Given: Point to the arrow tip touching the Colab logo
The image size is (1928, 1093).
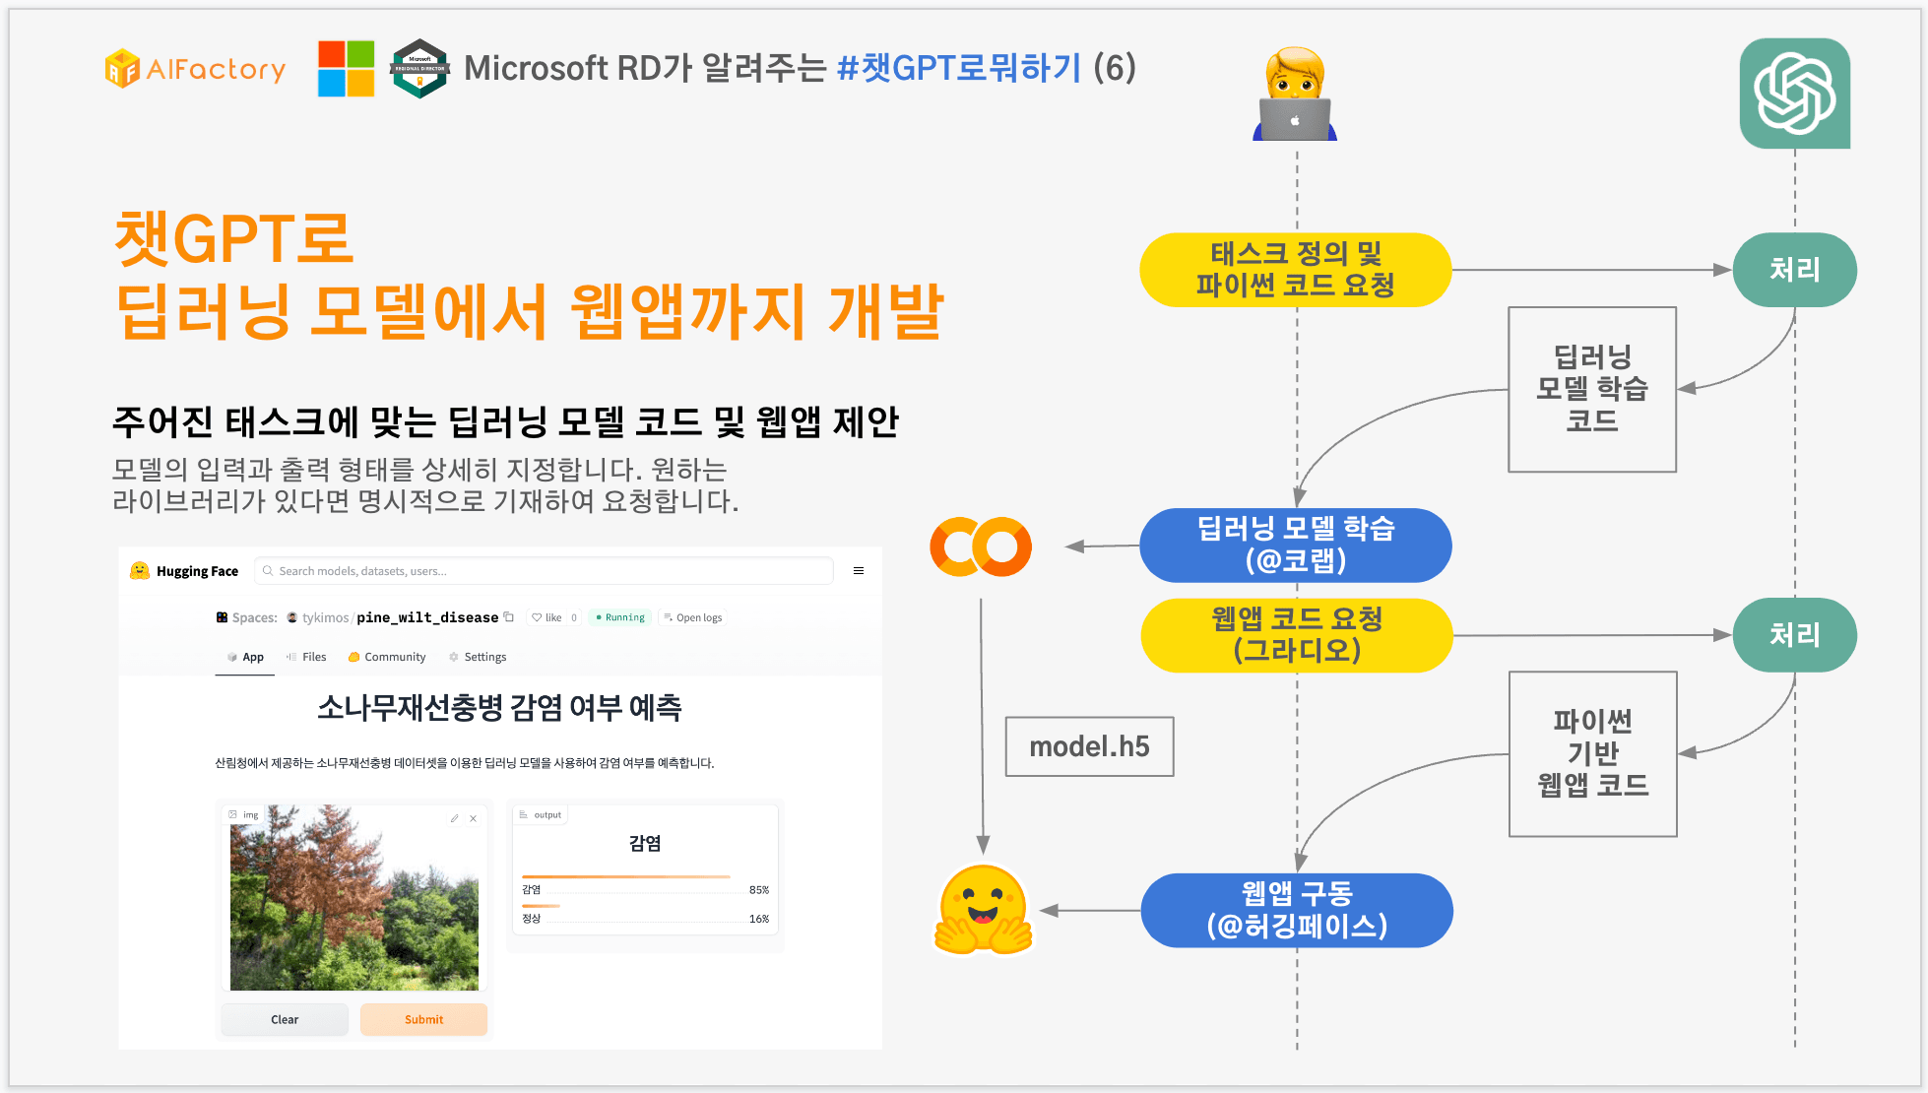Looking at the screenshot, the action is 1065,546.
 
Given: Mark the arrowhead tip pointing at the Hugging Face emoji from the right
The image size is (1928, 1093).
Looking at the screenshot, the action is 1040,911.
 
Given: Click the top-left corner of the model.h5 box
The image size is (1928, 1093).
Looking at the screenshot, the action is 1005,717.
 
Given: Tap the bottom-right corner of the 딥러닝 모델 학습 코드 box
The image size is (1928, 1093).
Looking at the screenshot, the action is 1676,472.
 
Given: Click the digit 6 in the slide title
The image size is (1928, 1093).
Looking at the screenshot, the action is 1115,68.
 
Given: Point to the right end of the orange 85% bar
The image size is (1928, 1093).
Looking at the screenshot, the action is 731,876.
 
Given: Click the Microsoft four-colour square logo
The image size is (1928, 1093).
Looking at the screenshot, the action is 346,69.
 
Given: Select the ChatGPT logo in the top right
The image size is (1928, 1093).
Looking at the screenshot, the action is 1794,94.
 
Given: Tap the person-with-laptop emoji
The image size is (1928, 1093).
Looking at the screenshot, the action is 1295,95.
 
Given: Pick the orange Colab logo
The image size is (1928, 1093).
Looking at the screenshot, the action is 981,546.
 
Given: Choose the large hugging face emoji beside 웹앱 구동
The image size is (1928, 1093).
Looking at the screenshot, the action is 983,910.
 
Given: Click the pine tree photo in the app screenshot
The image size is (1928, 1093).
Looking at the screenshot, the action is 354,897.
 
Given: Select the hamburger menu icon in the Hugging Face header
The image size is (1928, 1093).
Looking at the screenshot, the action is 859,571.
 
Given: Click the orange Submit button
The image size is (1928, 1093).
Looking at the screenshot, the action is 423,1019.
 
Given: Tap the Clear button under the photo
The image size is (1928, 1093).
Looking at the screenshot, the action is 285,1019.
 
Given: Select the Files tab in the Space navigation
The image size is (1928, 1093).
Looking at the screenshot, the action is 306,657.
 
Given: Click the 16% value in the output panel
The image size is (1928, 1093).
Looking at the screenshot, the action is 759,919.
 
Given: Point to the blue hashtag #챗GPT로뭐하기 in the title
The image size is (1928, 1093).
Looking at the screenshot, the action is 959,68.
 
